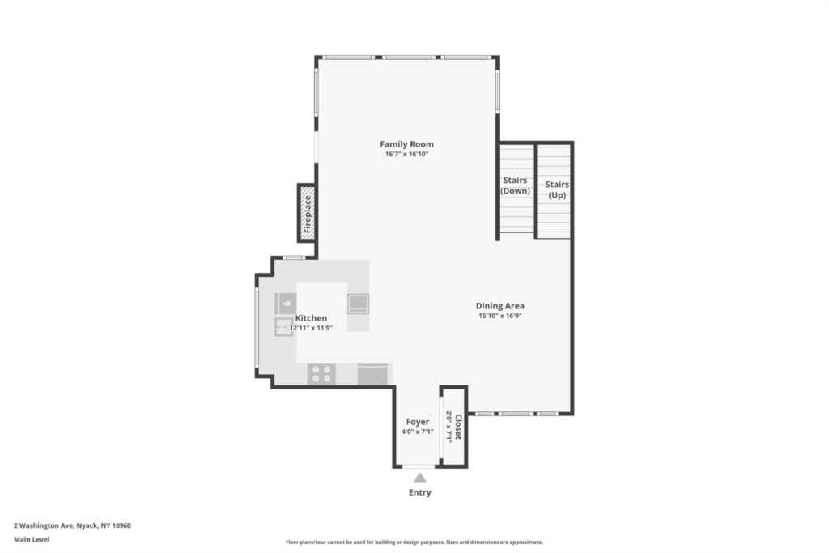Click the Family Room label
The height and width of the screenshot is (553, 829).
(406, 144)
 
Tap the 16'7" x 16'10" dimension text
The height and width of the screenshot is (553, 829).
(406, 155)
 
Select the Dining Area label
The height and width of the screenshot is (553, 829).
(500, 305)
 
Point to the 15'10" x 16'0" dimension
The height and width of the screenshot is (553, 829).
(500, 316)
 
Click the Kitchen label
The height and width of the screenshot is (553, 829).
(311, 317)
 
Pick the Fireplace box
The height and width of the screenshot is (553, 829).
(307, 214)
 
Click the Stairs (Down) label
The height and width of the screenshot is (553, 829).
(515, 185)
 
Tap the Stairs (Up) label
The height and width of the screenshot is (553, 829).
(557, 189)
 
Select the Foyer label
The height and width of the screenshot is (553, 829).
(418, 422)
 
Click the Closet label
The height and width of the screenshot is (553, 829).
(458, 428)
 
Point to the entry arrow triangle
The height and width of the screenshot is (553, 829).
(420, 478)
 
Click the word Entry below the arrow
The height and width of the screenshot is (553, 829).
(420, 492)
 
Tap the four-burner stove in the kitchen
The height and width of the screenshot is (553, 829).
(321, 374)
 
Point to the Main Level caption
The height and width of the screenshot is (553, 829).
(32, 539)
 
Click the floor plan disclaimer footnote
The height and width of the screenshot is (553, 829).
(414, 542)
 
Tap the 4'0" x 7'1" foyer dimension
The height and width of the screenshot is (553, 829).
(418, 432)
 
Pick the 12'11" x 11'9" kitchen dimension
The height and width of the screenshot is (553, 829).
(311, 328)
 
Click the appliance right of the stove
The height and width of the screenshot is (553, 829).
(372, 374)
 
